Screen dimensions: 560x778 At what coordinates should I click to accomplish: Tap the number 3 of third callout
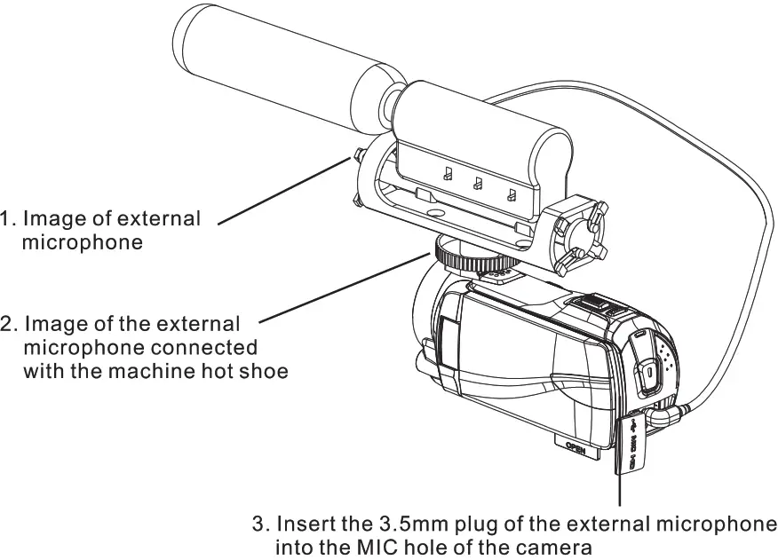258,524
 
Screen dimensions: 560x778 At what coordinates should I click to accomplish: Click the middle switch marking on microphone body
478,184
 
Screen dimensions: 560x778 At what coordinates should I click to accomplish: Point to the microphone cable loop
755,222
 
